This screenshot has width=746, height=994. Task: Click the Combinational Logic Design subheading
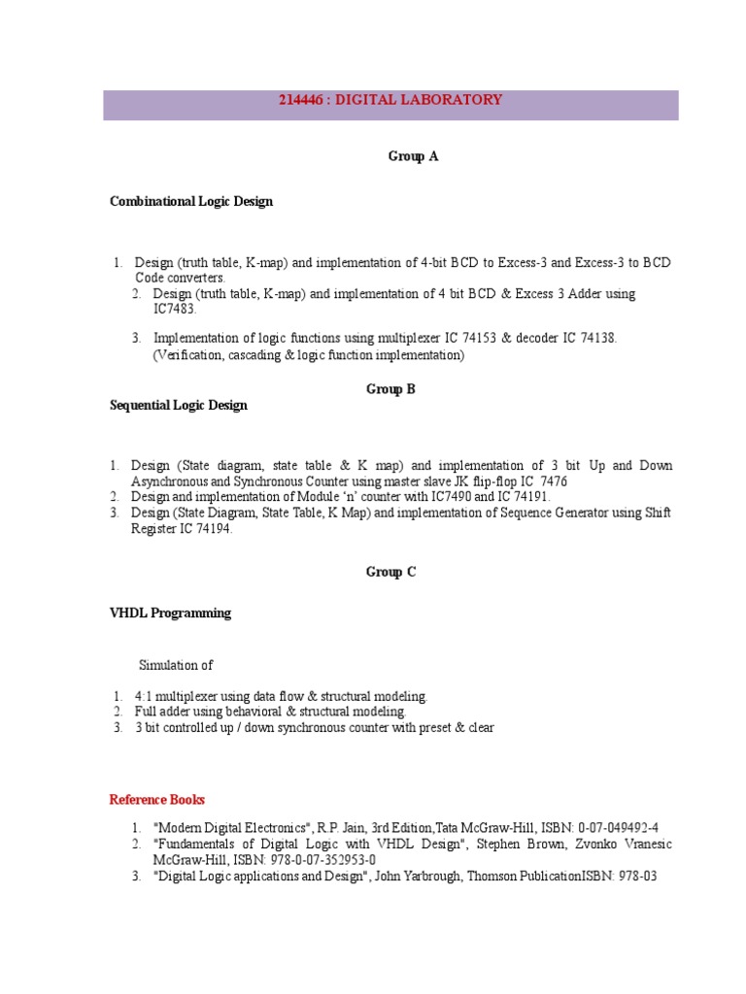tap(191, 202)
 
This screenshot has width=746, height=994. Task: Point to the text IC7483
tap(174, 309)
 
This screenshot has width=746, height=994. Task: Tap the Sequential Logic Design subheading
tap(179, 406)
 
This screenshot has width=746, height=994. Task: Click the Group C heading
tap(390, 573)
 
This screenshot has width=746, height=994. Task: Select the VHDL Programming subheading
tap(170, 613)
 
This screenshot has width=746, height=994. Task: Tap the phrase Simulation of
tap(176, 666)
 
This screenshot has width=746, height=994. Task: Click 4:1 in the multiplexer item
tap(145, 697)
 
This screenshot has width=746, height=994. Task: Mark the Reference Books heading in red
tap(157, 801)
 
